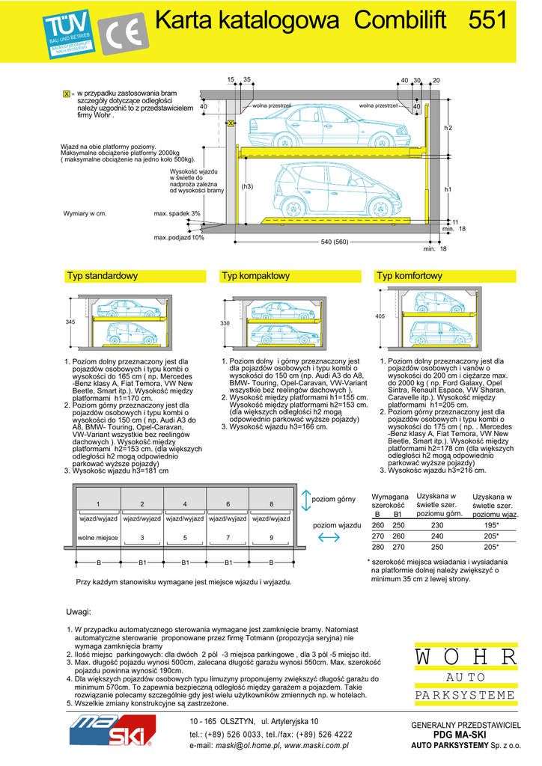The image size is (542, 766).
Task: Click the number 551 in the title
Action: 488,20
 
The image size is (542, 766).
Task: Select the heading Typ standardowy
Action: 102,276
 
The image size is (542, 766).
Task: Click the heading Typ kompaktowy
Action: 255,276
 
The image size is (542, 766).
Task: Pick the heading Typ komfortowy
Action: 409,276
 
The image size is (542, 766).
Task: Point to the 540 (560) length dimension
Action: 335,242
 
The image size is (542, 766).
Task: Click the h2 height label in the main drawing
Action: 448,129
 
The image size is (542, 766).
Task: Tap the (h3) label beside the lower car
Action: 247,186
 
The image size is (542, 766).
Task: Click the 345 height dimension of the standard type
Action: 70,322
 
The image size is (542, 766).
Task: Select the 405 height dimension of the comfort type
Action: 380,316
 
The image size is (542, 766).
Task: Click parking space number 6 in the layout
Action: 228,503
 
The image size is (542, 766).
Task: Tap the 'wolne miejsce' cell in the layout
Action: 97,538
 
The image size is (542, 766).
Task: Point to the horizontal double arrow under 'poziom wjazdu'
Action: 329,538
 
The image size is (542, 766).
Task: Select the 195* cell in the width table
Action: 490,525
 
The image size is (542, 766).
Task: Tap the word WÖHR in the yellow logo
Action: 466,658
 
